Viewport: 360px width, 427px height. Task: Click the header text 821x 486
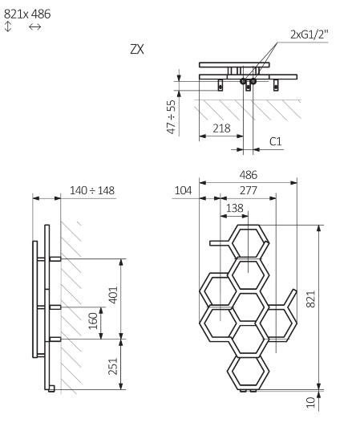tap(26, 13)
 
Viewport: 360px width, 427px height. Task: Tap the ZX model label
tap(137, 49)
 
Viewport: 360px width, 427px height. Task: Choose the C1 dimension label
tap(275, 141)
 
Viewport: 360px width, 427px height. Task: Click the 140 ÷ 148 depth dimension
tap(92, 189)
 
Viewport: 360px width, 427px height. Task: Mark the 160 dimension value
tap(94, 321)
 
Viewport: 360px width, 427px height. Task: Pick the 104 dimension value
tap(183, 189)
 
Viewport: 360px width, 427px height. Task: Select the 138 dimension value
tap(236, 207)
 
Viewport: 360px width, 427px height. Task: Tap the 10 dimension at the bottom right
tap(311, 402)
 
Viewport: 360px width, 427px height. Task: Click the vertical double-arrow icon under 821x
tap(9, 27)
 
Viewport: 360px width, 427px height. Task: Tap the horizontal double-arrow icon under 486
tap(34, 27)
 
